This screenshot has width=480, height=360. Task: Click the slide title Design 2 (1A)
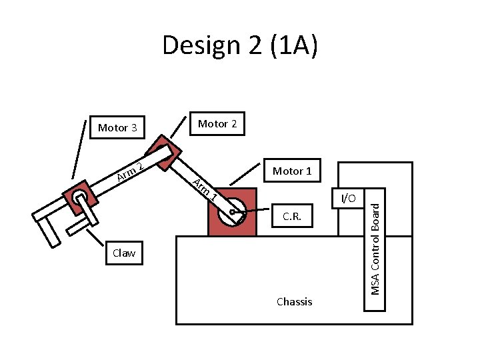tap(240, 46)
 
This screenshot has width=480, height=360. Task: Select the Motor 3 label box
tap(117, 127)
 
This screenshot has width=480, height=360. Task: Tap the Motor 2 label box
tap(217, 123)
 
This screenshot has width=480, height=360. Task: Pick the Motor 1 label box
tap(292, 171)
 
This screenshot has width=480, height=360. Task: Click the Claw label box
tap(124, 253)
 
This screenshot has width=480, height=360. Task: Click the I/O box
tap(348, 198)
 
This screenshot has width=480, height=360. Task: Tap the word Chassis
tap(294, 301)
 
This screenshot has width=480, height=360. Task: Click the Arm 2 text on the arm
tap(128, 171)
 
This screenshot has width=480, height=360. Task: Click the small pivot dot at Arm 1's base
tap(232, 213)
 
